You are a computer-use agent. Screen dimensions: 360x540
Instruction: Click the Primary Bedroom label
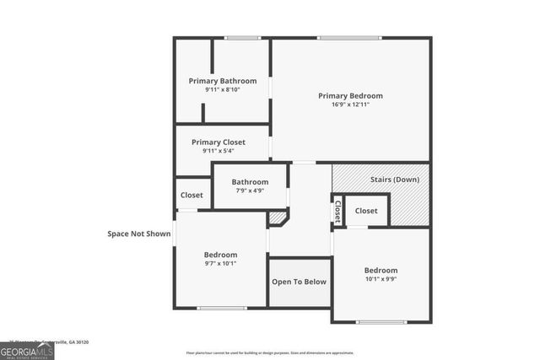click(350, 95)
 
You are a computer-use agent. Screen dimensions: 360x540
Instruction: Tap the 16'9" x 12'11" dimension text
click(350, 105)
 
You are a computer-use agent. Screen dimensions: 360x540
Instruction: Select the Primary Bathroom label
click(222, 81)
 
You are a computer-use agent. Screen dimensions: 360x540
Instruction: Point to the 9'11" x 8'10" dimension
click(222, 89)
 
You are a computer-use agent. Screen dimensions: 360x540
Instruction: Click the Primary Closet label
click(219, 142)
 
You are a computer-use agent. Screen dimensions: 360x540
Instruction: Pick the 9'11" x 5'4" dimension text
click(219, 151)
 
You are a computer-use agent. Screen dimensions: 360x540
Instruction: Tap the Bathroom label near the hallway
click(250, 181)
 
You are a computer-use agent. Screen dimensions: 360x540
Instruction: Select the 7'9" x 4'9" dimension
click(250, 191)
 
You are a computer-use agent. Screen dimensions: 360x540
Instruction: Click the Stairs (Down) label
click(395, 180)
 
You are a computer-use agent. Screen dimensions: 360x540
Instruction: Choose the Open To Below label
click(300, 280)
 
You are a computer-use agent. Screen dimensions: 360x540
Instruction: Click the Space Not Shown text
click(138, 234)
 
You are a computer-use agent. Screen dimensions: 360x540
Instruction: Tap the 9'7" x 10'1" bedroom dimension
click(220, 263)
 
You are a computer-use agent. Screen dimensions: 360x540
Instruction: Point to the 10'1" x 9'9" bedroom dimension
click(381, 279)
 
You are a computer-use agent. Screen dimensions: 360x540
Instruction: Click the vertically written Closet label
click(337, 210)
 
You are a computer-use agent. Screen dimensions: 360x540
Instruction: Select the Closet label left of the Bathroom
click(192, 195)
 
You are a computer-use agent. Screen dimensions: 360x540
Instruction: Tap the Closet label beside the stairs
click(366, 210)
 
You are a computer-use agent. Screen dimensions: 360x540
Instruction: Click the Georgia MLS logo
click(27, 350)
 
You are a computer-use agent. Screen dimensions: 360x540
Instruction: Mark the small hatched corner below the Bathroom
click(278, 218)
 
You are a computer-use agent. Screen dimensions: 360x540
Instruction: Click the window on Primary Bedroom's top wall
click(349, 38)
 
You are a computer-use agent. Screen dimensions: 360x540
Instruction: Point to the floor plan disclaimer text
click(270, 352)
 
